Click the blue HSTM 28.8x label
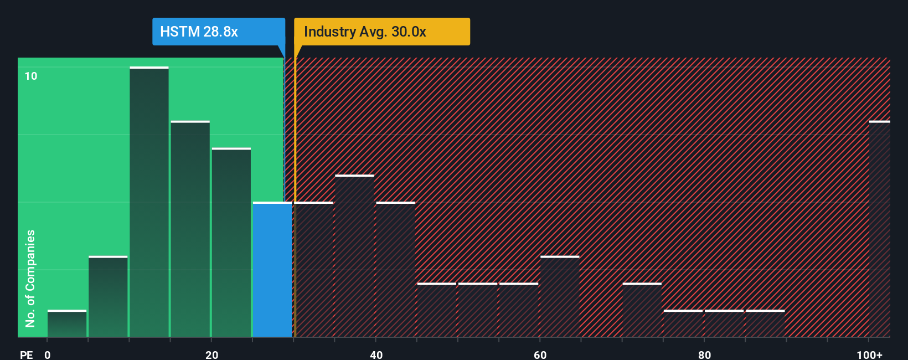point(218,32)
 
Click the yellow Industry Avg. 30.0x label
point(381,32)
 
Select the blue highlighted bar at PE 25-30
point(272,270)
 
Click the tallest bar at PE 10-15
point(149,202)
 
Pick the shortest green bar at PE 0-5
point(67,323)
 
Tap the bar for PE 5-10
point(108,296)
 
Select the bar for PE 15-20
point(190,229)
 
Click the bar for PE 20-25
point(231,243)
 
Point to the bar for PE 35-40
point(354,256)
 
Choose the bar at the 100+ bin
point(879,229)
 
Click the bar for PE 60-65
point(560,296)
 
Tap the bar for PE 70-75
point(642,310)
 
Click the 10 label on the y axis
point(31,76)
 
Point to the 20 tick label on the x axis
point(211,354)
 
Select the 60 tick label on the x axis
point(540,354)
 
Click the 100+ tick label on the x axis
point(869,354)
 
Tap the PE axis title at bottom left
point(26,354)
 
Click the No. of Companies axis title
point(30,278)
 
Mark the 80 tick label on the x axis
point(704,354)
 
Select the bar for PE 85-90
point(765,323)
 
